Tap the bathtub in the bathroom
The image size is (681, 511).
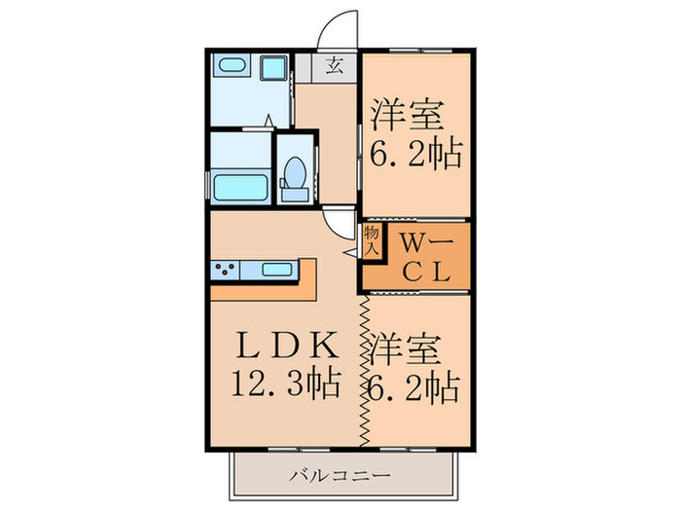tap(239, 185)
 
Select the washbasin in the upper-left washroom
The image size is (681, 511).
tap(232, 68)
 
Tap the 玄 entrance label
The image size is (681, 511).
tap(334, 67)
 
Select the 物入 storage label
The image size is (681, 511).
tap(371, 239)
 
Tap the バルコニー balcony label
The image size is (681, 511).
tap(340, 476)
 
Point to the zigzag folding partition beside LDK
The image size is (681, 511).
tap(364, 370)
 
